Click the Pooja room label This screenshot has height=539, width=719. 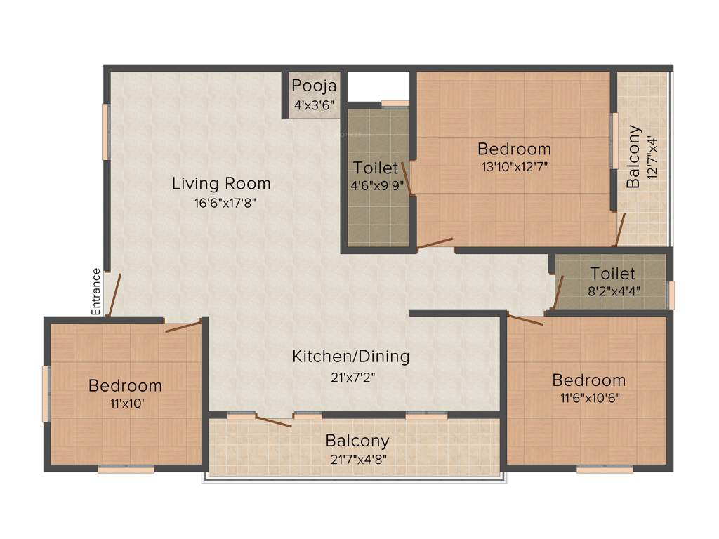tap(314, 86)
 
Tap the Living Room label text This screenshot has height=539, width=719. tap(221, 184)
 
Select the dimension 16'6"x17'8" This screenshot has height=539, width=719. tap(221, 204)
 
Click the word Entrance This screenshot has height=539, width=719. tap(96, 291)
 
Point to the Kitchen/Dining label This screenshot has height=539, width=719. tap(350, 356)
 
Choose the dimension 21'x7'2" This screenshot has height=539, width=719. tap(350, 376)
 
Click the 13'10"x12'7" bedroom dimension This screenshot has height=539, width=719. tap(514, 167)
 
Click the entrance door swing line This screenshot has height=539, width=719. tap(114, 295)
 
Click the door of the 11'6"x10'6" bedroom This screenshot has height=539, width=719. tap(525, 320)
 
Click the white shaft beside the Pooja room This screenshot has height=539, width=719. tap(378, 86)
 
